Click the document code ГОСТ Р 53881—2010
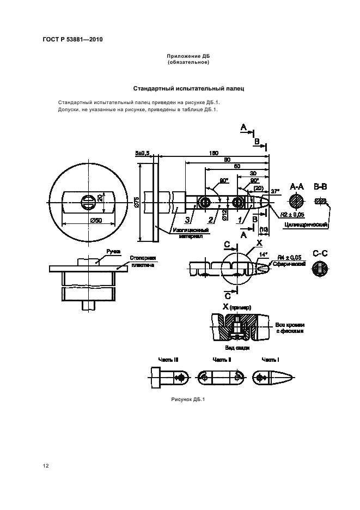point(72,40)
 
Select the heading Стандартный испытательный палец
point(188,88)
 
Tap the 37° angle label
point(274,191)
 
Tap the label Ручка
point(113,251)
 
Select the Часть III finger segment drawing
point(168,377)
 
